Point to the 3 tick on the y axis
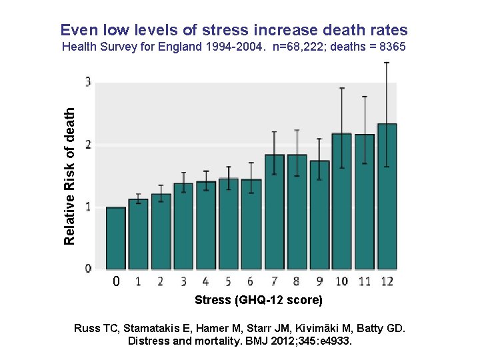coord(89,83)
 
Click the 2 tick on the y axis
coord(89,145)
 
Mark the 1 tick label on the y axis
coord(89,207)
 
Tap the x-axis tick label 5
coord(228,281)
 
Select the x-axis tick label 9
coord(319,281)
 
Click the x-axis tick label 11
coord(364,281)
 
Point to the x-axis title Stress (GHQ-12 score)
coord(258,300)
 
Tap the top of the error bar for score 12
coord(387,63)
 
